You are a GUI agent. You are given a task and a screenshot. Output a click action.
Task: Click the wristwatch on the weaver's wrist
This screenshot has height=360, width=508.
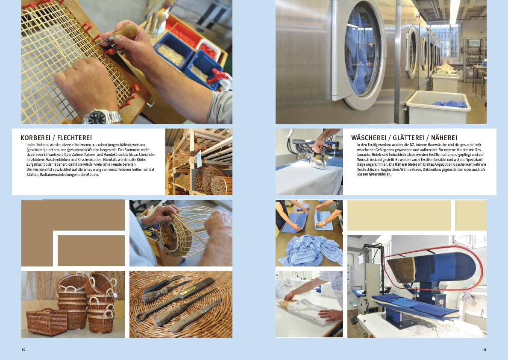pos(103,117)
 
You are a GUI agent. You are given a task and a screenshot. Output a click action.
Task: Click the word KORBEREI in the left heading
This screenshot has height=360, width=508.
pos(35,138)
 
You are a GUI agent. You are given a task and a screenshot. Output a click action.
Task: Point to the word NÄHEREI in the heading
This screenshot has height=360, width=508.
pos(444,138)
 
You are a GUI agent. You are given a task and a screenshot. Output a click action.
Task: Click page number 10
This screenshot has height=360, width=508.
pos(23,349)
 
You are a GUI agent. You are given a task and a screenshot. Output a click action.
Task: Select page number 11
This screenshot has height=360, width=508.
pos(485,349)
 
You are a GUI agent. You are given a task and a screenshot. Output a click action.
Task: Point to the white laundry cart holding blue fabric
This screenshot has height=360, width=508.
pos(438,107)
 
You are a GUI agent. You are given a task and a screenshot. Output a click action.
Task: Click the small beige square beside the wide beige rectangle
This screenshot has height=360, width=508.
pos(470,215)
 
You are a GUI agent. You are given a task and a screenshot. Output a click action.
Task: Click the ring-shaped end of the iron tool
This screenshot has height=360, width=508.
pos(140,316)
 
